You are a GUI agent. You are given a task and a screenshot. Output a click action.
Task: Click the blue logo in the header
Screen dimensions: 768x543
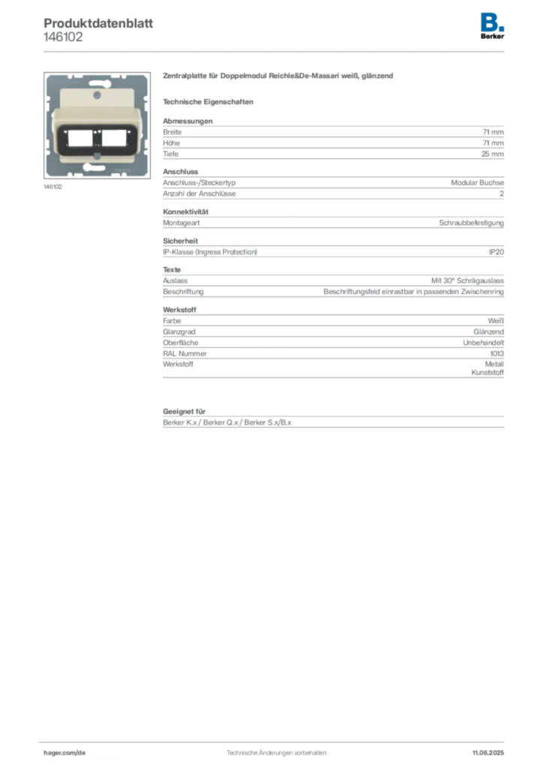pos(493,21)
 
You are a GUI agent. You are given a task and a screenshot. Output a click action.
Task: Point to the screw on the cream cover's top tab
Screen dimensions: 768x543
pos(97,95)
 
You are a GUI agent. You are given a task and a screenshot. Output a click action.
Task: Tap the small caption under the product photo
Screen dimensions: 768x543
pos(54,187)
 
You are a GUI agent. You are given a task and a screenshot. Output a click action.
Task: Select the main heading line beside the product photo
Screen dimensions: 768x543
pos(277,77)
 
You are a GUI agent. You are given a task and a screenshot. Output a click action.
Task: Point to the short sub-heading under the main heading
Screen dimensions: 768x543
pos(210,101)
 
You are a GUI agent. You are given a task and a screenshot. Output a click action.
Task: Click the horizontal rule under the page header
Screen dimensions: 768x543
pos(275,50)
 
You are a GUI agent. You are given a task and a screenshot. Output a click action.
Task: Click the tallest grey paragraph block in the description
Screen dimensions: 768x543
pos(333,346)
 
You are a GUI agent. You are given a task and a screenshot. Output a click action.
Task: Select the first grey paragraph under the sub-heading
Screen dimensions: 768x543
pos(333,139)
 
